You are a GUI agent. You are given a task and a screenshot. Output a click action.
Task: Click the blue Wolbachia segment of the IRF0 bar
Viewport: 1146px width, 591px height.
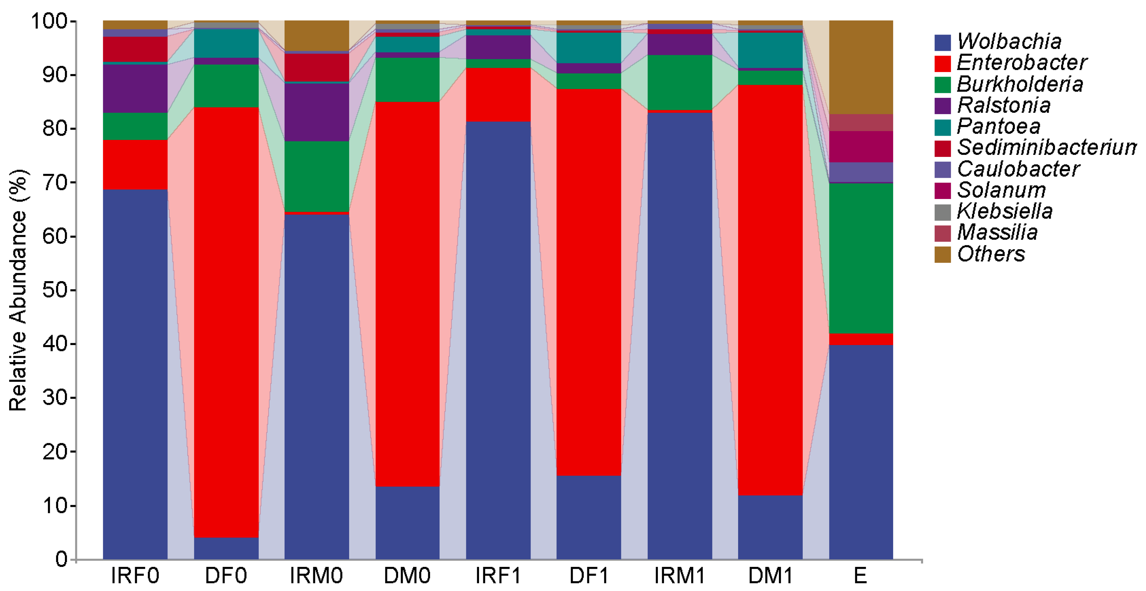(x=135, y=373)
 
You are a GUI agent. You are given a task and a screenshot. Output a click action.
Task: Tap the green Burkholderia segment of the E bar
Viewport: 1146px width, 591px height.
(x=860, y=258)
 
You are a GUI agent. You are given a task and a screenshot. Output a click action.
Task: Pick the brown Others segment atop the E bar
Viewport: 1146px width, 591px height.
(x=860, y=67)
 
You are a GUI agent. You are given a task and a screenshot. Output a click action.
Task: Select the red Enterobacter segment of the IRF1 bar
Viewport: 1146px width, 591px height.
(x=498, y=94)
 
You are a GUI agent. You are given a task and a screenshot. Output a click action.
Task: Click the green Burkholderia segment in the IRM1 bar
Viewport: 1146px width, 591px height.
(x=679, y=82)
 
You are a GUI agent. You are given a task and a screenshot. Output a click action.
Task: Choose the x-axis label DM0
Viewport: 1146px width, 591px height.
(x=407, y=576)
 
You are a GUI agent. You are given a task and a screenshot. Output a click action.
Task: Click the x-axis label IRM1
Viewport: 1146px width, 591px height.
(x=679, y=576)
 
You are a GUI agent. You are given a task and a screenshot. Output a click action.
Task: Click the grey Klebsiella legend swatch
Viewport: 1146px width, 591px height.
(x=942, y=212)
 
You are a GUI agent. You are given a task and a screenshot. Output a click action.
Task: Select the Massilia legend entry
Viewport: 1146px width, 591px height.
(x=997, y=232)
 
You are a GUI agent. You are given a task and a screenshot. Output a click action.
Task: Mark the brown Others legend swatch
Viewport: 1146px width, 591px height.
(x=942, y=254)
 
